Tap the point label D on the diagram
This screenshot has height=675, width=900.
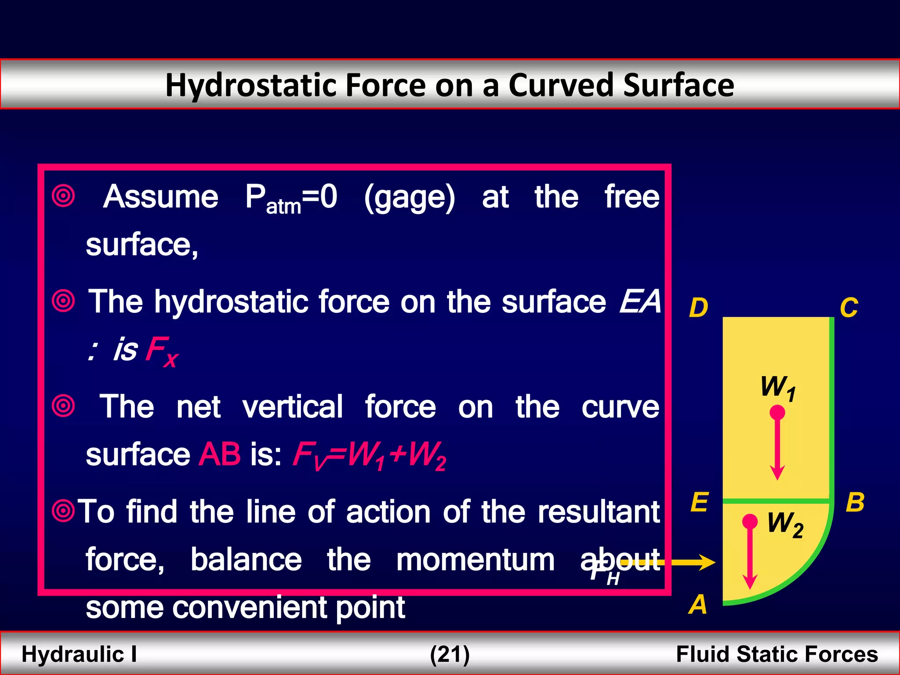tap(698, 308)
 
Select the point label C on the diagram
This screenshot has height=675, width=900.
tap(849, 308)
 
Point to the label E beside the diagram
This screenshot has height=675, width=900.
tap(699, 502)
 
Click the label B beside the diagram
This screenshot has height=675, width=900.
tap(855, 502)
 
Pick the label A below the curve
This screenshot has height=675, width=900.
tap(698, 604)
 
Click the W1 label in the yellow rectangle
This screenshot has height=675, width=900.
tap(778, 388)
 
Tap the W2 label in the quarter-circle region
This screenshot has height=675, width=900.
tap(785, 524)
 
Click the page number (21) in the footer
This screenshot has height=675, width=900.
tap(450, 654)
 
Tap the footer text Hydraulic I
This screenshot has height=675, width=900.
tap(79, 654)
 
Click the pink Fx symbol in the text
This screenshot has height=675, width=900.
tap(162, 351)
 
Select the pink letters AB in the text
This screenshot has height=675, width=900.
tap(219, 454)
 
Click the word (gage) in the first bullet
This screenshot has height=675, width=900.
tap(409, 198)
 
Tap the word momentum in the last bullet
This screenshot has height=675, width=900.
tap(475, 560)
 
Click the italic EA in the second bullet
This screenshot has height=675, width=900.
tap(640, 301)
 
